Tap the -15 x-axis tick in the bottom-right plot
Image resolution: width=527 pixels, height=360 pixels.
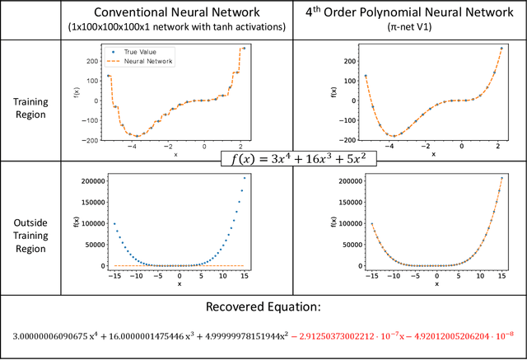tap(373, 275)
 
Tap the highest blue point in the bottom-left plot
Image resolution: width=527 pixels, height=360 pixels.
tap(244, 177)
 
